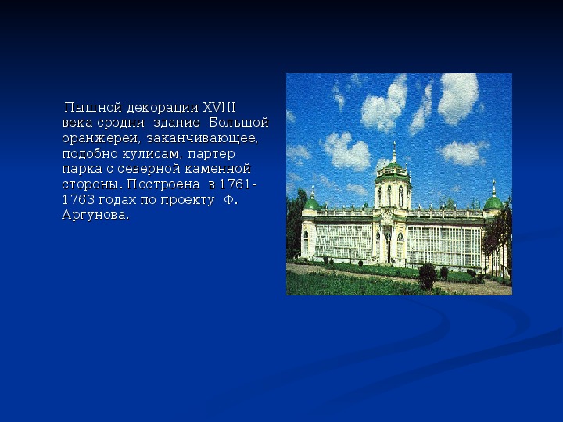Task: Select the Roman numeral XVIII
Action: [x=219, y=107]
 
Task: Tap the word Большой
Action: [x=238, y=123]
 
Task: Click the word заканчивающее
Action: [x=203, y=138]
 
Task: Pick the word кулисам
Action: [x=152, y=154]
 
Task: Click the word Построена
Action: [x=163, y=184]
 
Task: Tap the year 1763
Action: [x=79, y=199]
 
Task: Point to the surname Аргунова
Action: [x=95, y=215]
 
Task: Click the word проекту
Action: [x=188, y=200]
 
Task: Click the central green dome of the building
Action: [x=393, y=167]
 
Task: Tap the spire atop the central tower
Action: [x=394, y=152]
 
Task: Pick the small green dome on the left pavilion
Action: [x=311, y=204]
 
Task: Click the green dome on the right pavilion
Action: [x=493, y=203]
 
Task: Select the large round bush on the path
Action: [x=428, y=275]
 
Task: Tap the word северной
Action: [x=150, y=169]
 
